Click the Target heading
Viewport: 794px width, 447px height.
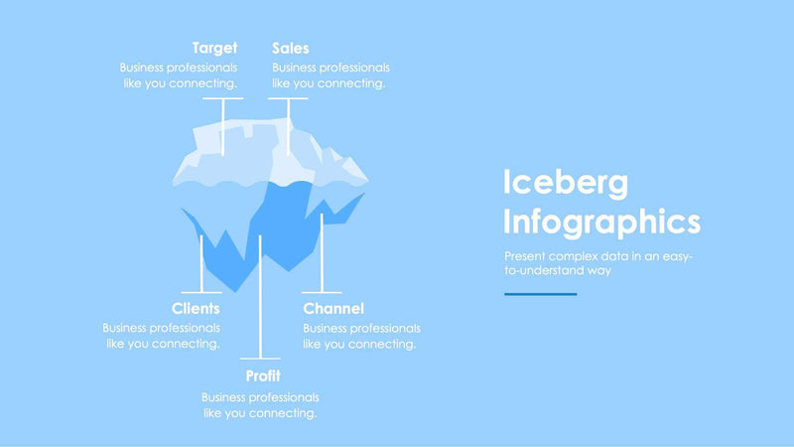214,48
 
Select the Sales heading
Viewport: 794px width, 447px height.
290,48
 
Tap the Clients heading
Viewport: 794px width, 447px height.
196,309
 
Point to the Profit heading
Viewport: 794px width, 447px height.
263,376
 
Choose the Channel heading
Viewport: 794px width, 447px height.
333,309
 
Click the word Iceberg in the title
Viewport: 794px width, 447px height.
566,183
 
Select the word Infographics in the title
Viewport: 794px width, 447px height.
601,221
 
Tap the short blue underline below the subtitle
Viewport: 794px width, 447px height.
540,294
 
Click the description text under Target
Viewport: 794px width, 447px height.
179,75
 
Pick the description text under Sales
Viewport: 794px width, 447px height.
331,75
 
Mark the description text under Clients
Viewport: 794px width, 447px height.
162,336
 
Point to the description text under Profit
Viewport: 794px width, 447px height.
260,404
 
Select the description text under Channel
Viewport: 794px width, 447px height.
361,336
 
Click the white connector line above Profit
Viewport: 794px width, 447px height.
259,298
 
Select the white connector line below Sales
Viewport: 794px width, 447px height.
288,124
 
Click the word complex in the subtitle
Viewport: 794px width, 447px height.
566,255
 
